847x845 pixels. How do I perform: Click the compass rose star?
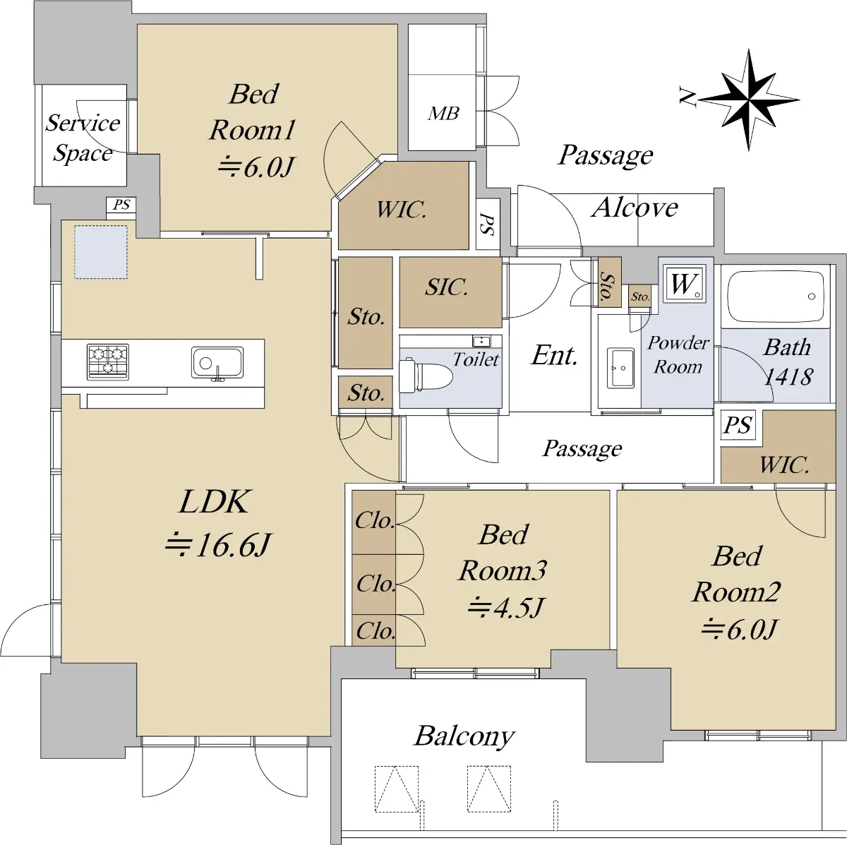[x=749, y=100]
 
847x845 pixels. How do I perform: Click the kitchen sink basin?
[x=217, y=363]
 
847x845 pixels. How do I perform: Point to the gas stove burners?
[x=108, y=362]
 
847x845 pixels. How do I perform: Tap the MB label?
[x=443, y=114]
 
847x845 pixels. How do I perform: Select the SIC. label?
[x=446, y=287]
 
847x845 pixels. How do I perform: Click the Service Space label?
[x=83, y=138]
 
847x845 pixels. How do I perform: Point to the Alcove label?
[x=635, y=208]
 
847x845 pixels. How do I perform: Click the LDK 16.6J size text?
[x=217, y=545]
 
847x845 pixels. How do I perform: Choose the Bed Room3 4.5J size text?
[x=505, y=607]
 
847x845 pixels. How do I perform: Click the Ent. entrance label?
[x=554, y=355]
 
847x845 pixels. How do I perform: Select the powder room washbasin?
[x=620, y=368]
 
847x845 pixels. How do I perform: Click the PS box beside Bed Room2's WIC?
[x=738, y=425]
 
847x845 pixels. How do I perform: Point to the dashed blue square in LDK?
[x=101, y=252]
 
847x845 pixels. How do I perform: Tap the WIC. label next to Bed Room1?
[x=402, y=210]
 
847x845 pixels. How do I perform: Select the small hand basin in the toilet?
[x=482, y=341]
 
